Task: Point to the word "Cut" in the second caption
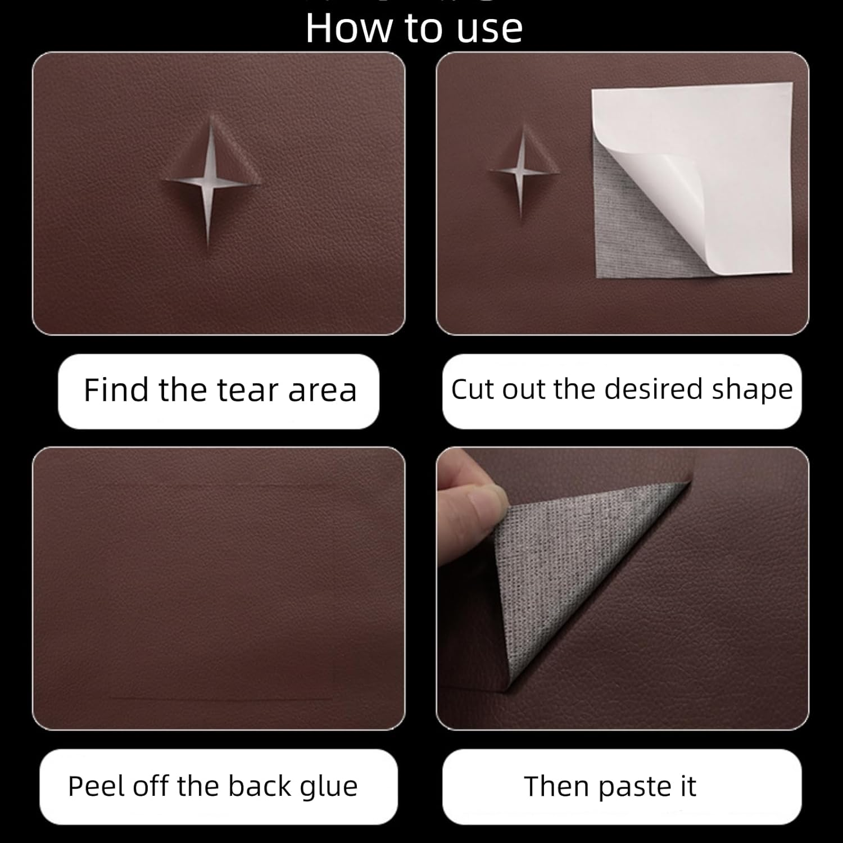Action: click(x=473, y=389)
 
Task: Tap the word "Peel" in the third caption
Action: click(x=92, y=786)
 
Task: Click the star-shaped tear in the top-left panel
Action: click(x=210, y=181)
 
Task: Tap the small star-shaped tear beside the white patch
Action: click(x=522, y=170)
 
